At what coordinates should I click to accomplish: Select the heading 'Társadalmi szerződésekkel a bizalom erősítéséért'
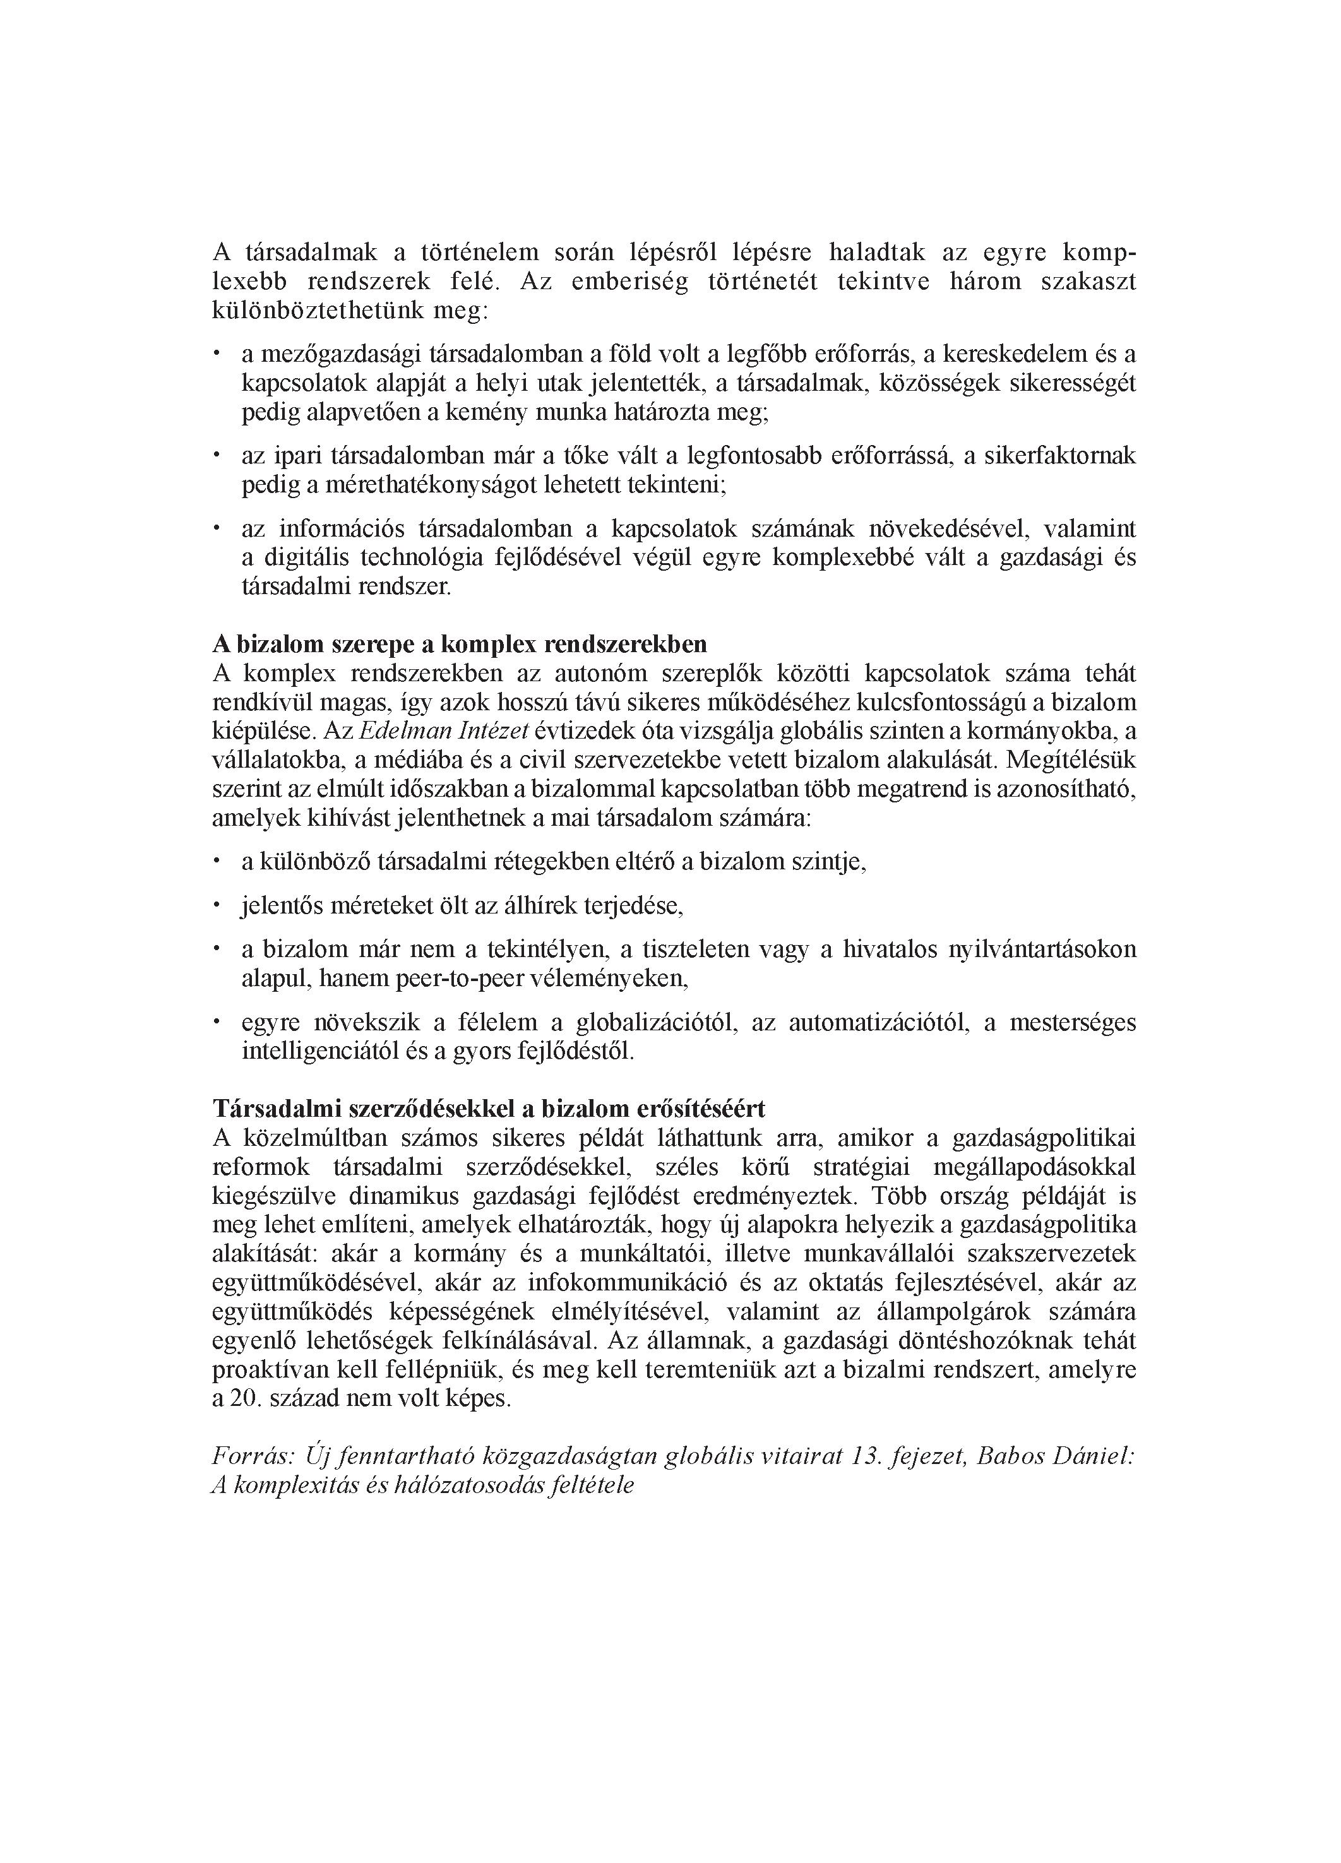coord(488,1109)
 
